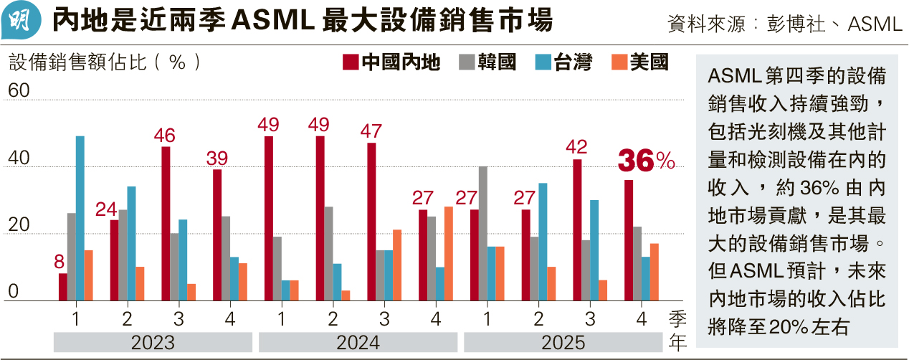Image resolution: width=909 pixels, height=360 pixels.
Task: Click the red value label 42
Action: tap(576, 148)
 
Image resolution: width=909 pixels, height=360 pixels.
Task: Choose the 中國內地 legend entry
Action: tap(391, 62)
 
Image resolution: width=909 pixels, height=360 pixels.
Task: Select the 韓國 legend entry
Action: tap(488, 62)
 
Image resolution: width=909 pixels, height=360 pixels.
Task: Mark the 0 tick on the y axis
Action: tap(14, 292)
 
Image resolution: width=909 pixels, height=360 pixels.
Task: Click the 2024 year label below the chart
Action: tap(358, 343)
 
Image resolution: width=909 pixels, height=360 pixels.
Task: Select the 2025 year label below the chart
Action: tap(563, 343)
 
